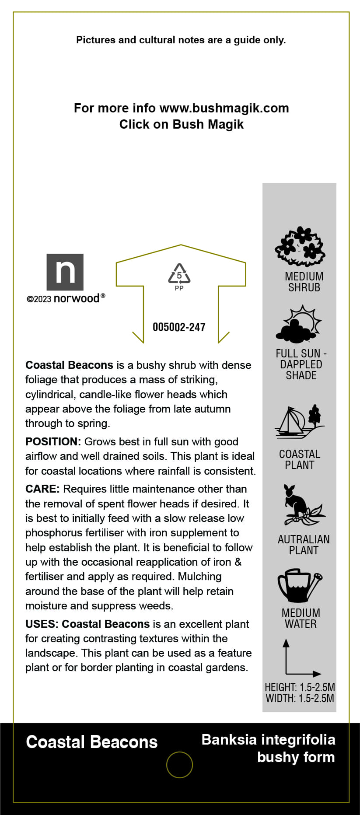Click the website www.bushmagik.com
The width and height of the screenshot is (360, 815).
224,108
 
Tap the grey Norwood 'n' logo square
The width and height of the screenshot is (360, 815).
65,272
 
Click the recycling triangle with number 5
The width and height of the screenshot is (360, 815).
179,274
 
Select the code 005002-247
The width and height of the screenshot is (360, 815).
179,327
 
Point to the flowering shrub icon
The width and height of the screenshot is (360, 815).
300,246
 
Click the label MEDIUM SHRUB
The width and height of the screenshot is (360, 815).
304,282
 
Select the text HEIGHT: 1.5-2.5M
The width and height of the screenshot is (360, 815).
300,687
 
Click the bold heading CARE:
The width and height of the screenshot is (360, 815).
42,489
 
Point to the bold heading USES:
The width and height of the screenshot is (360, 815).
42,624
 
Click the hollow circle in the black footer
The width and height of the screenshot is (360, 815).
179,765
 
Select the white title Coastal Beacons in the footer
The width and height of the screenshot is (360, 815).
92,742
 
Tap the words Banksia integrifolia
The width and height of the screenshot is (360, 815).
268,740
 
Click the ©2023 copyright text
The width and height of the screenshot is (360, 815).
39,299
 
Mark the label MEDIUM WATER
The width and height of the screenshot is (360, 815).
301,618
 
